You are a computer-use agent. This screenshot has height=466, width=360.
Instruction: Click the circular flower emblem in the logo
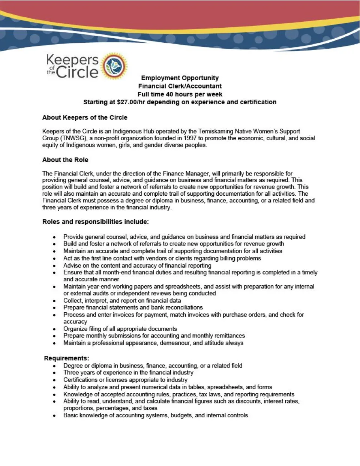click(115, 66)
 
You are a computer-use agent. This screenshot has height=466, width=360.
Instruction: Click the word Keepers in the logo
click(72, 60)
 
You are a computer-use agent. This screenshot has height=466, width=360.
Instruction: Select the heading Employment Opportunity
click(180, 78)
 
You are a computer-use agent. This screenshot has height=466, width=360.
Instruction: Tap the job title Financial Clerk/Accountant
click(180, 86)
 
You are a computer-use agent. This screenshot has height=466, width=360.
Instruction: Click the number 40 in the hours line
click(169, 94)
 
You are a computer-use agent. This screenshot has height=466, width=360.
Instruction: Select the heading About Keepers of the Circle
click(85, 117)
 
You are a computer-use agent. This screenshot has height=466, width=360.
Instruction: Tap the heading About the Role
click(65, 160)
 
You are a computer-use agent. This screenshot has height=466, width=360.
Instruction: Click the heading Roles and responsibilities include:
click(95, 222)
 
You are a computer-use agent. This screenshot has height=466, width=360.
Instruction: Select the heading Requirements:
click(66, 358)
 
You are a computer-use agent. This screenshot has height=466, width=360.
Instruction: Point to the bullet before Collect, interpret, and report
click(55, 301)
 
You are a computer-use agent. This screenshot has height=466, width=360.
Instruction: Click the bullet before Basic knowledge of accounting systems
click(55, 415)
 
